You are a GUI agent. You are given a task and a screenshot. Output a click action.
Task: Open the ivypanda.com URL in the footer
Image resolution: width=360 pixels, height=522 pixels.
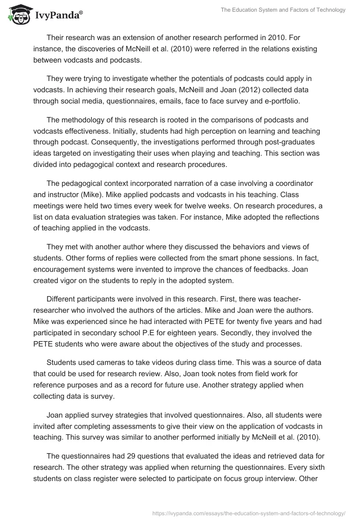[x=249, y=513]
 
